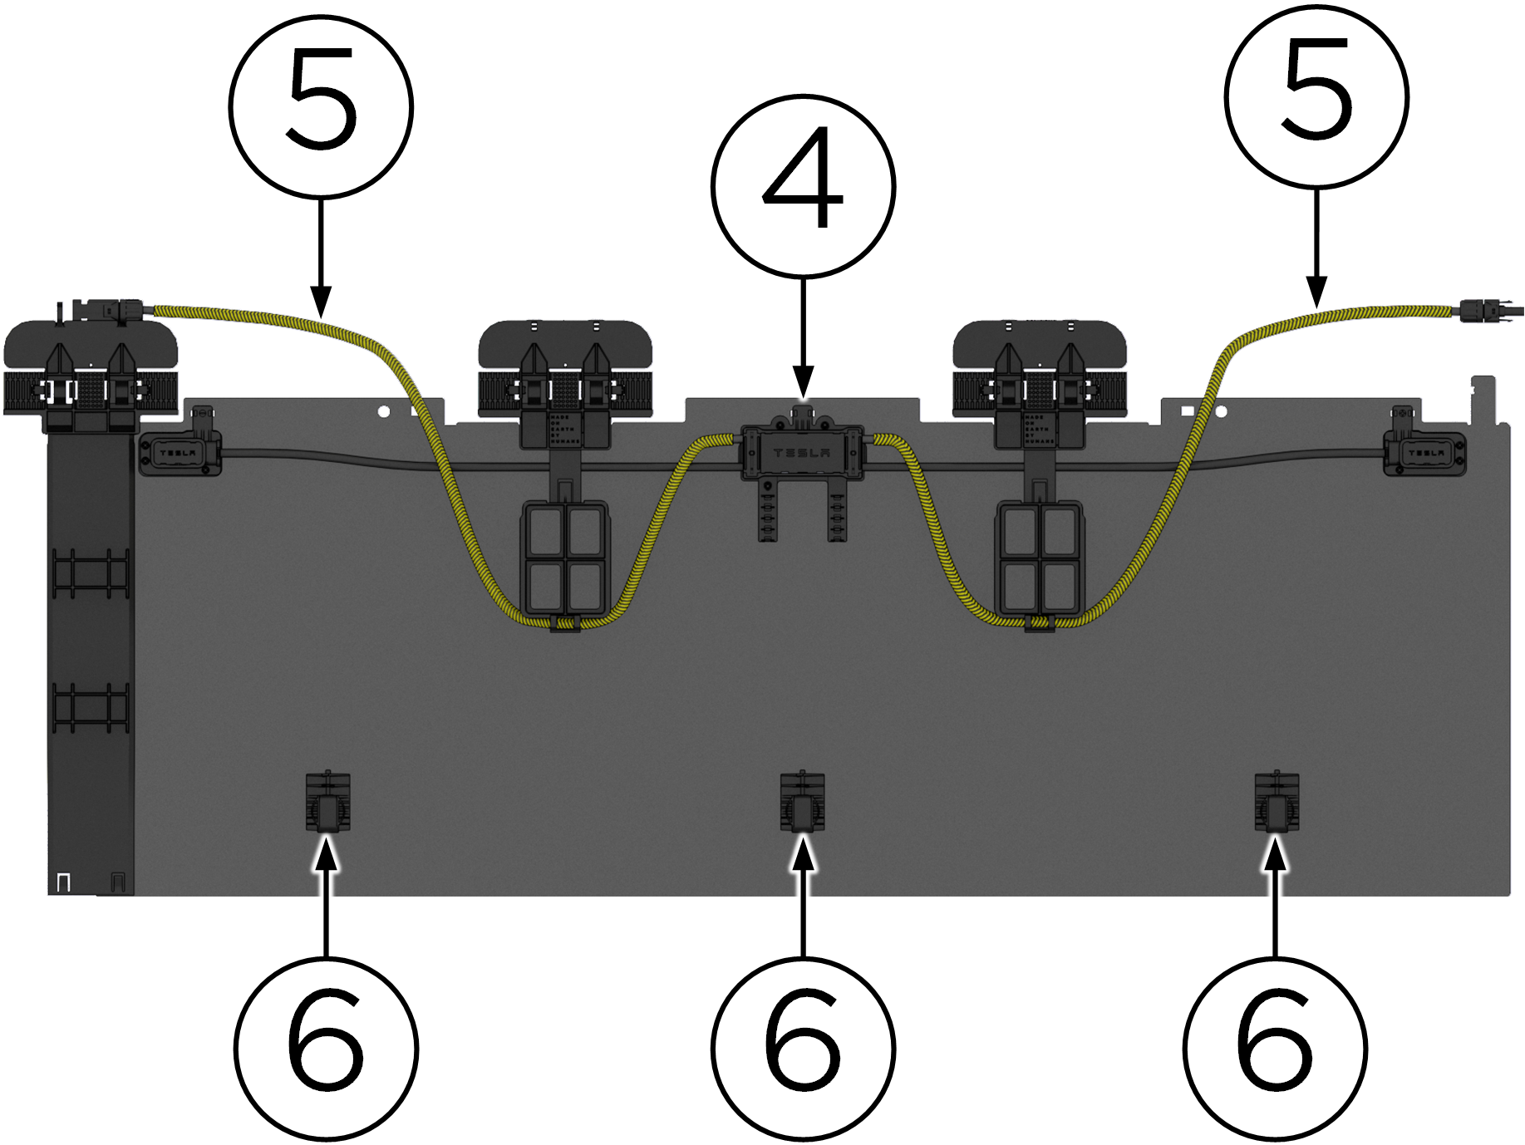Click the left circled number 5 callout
pos(321,106)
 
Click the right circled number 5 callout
pos(1316,97)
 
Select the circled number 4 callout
pos(803,186)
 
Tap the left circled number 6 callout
pos(326,1048)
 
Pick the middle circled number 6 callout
pos(803,1048)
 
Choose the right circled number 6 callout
pos(1275,1048)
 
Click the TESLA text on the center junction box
pos(801,454)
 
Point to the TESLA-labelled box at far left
pos(179,453)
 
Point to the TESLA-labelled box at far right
pos(1424,453)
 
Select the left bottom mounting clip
pos(328,803)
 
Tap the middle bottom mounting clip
pos(802,803)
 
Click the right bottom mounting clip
pos(1277,803)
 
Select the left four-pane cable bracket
pos(564,557)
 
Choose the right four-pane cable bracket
pos(1040,557)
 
